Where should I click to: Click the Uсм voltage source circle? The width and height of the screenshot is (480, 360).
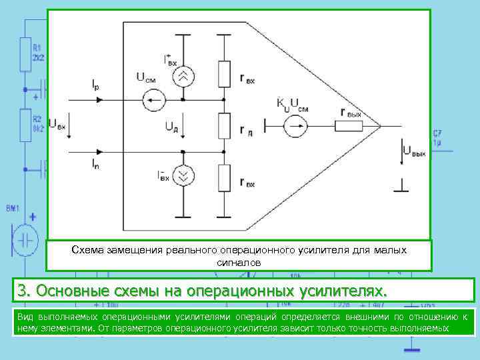point(155,101)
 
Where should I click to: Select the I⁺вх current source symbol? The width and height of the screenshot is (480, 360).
point(183,76)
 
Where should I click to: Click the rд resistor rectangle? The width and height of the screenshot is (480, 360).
point(225,125)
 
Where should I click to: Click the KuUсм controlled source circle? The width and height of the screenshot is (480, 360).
point(293,125)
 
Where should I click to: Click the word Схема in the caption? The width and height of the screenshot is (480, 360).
point(87,249)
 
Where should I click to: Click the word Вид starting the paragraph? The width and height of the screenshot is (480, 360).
point(25,317)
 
